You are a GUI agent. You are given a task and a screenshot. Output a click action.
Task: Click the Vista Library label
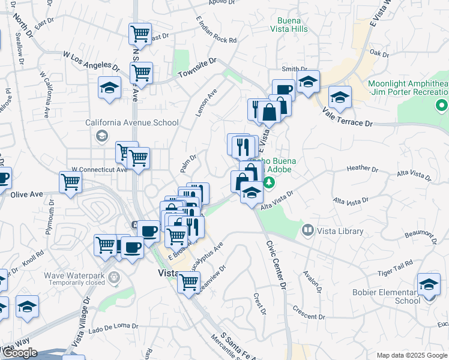[342, 231]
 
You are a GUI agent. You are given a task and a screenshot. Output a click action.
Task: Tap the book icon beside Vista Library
[308, 230]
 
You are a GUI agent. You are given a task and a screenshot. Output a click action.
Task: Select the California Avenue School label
[132, 123]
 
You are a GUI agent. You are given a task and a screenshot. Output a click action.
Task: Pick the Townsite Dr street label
[197, 70]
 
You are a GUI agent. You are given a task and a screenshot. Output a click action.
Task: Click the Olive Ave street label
[27, 194]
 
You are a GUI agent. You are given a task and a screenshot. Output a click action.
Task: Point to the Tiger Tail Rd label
[395, 264]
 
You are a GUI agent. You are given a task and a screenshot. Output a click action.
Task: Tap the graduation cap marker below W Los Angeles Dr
[110, 88]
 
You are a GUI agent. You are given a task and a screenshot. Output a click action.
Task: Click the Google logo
[20, 353]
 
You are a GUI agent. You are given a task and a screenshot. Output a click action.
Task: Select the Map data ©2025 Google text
[411, 355]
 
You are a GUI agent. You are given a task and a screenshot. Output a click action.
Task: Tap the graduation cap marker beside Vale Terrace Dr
[340, 98]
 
